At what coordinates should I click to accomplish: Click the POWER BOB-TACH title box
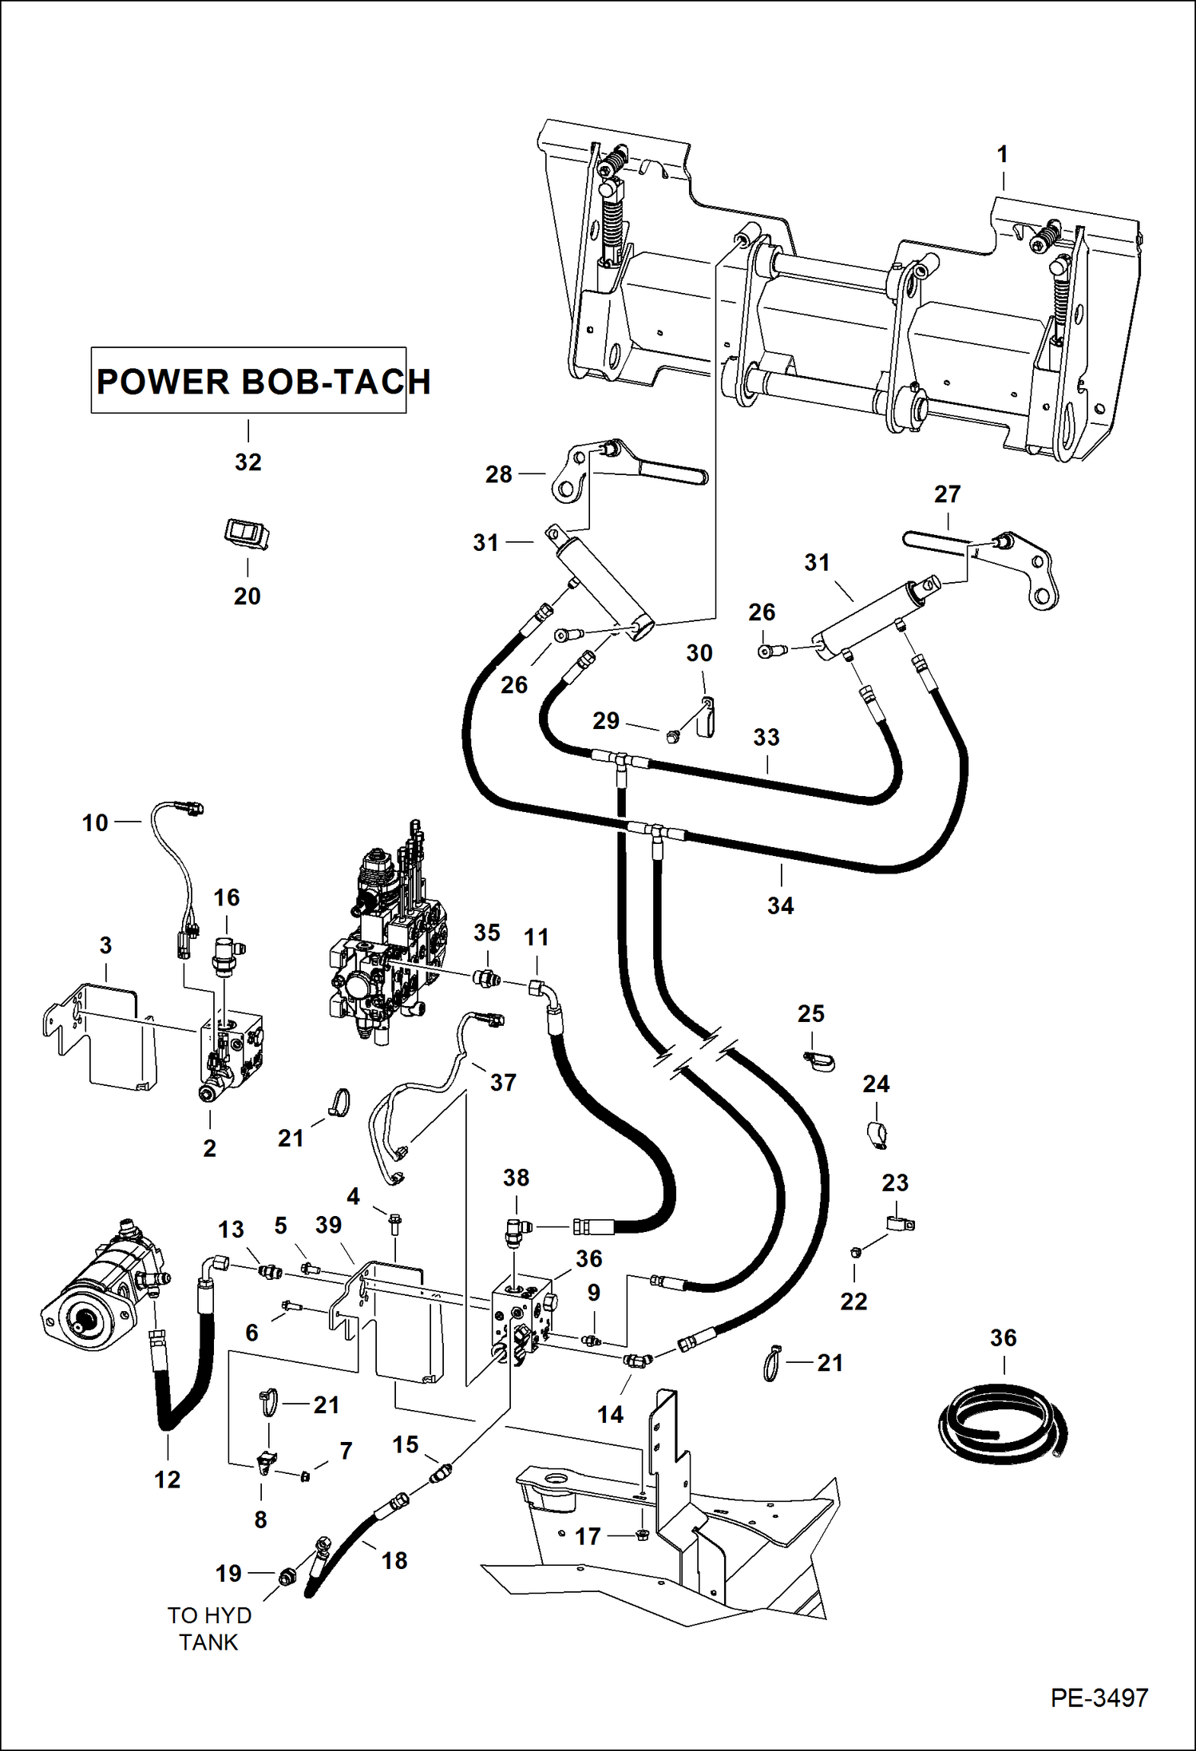click(248, 381)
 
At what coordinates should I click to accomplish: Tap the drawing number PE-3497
click(1099, 1698)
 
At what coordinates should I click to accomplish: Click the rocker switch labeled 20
click(247, 533)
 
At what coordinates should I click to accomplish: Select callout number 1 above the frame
click(1003, 154)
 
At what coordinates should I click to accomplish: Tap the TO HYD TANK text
click(208, 1629)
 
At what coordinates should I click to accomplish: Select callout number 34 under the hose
click(780, 905)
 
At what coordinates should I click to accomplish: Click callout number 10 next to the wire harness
click(95, 822)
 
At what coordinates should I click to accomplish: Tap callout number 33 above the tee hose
click(766, 737)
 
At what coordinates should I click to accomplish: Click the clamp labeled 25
click(819, 1061)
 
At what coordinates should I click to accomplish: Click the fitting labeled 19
click(287, 1576)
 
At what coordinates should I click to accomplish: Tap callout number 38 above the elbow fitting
click(516, 1178)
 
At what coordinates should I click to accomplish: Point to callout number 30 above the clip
click(699, 653)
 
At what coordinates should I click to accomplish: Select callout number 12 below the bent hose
click(167, 1480)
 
